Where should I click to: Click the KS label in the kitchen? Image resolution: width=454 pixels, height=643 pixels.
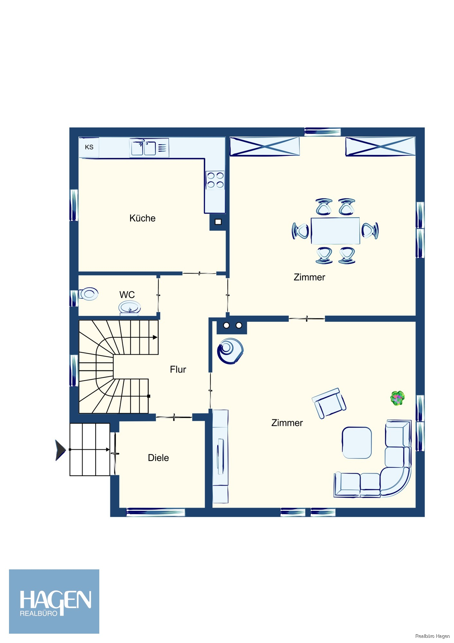coord(89,147)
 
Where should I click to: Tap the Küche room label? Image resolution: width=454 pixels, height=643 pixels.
coord(142,218)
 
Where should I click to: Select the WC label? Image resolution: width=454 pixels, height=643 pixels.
coord(127,294)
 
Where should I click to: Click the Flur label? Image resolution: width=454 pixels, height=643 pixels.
coord(178,369)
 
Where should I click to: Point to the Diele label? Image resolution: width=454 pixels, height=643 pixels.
coord(158,458)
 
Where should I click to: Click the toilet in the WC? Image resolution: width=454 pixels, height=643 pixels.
coord(88,294)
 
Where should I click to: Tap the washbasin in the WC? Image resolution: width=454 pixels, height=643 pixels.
coord(129,308)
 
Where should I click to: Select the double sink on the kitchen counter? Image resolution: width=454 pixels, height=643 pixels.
coord(143,148)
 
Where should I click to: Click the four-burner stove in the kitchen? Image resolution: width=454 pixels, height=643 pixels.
coord(215,180)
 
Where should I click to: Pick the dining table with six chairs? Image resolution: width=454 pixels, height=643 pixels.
coord(335,231)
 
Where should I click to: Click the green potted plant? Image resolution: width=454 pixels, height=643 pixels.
coord(397,398)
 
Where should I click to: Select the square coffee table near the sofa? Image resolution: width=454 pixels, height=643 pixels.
coord(357,443)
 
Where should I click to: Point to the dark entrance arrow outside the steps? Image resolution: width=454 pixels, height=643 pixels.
coord(60,450)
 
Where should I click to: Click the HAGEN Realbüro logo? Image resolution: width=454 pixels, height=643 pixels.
coord(54,602)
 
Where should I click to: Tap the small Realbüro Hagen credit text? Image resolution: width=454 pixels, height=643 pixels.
coord(432,636)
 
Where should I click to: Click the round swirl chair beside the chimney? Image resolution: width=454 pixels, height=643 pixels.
coord(230,351)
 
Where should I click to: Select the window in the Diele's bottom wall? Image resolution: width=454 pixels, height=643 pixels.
coord(156,512)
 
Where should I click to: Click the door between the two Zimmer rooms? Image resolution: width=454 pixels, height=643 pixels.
coord(307,319)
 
